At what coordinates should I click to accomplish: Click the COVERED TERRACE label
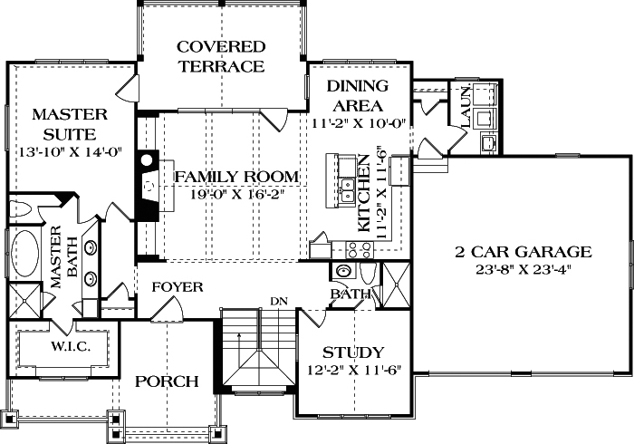[x=222, y=56]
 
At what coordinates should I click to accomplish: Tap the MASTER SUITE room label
[x=70, y=124]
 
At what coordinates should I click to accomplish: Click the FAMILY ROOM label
[x=236, y=176]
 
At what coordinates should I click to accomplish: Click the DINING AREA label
[x=357, y=95]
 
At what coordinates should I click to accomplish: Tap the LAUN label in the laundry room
[x=464, y=105]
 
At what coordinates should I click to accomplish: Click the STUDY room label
[x=353, y=352]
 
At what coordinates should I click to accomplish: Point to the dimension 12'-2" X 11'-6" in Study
[x=353, y=370]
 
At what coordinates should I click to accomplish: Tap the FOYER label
[x=177, y=287]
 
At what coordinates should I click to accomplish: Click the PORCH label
[x=167, y=381]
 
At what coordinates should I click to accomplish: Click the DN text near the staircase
[x=278, y=301]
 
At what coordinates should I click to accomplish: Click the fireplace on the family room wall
[x=147, y=185]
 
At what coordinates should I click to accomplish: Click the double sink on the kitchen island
[x=344, y=191]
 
